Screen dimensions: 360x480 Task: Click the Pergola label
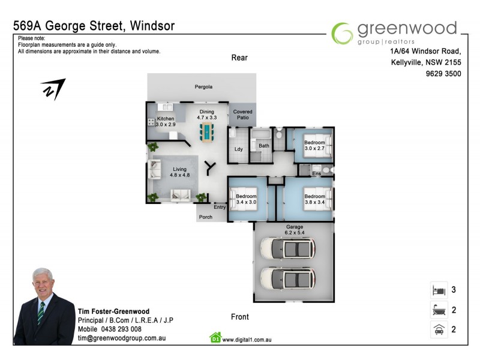[x=203, y=87]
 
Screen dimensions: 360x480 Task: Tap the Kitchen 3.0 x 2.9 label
[x=166, y=122]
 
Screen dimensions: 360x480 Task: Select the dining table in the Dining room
[x=208, y=132]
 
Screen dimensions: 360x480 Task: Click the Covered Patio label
[x=242, y=115]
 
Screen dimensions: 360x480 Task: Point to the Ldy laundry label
[x=238, y=149]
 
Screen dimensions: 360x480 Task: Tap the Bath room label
[x=264, y=146]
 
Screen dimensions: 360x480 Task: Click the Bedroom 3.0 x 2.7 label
[x=314, y=145]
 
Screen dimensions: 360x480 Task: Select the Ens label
[x=317, y=174]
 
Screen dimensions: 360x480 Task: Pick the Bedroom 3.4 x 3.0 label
[x=246, y=200]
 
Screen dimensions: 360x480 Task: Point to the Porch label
[x=206, y=217]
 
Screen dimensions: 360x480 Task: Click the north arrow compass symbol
[x=53, y=89]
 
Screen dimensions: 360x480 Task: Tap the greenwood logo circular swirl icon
[x=343, y=33]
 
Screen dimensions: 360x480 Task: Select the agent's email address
[x=122, y=338]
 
